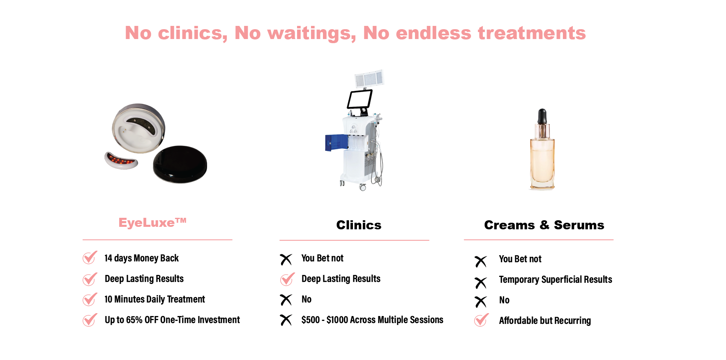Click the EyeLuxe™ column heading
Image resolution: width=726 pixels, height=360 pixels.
[x=152, y=222]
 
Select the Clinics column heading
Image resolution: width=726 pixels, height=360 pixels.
[x=359, y=225]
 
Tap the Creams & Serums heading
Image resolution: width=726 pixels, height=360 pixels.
[x=544, y=225]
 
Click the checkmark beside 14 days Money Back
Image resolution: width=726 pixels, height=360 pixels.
[x=90, y=257]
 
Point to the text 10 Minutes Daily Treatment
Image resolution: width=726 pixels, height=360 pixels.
[x=154, y=299]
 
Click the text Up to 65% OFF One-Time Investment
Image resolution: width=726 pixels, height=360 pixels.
[x=172, y=320]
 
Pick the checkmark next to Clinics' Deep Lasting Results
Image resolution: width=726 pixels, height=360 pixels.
[x=287, y=279]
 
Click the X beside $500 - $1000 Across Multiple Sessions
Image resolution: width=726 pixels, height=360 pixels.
[x=286, y=320]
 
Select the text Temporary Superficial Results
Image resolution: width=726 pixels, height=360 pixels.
[x=555, y=279]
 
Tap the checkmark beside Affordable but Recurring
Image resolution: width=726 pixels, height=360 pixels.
[x=482, y=320]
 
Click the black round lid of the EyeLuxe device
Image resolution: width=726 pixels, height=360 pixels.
[x=180, y=164]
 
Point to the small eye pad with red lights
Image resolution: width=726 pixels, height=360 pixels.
[x=121, y=160]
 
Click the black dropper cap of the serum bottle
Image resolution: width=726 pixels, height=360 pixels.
[x=542, y=116]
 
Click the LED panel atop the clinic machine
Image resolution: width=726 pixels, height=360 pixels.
[x=369, y=78]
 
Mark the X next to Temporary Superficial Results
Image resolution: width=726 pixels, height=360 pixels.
[x=481, y=283]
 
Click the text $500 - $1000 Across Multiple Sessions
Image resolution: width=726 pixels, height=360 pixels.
[x=372, y=320]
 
